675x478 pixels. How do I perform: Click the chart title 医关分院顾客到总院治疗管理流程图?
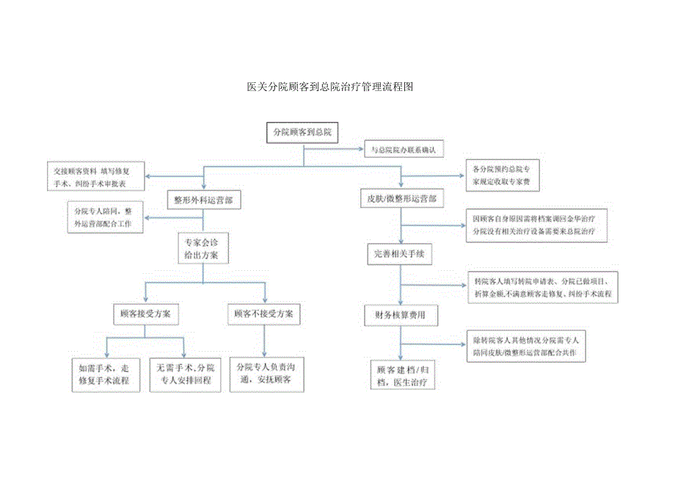tap(331, 87)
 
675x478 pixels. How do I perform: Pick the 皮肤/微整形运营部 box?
tap(401, 199)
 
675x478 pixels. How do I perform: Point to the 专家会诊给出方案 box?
tap(203, 248)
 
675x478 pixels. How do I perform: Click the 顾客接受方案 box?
tap(145, 314)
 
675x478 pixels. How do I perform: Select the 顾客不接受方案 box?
tap(263, 314)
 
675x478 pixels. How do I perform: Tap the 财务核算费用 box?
tap(401, 315)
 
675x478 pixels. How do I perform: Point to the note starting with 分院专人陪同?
tap(103, 217)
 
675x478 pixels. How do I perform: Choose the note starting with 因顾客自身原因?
tap(534, 225)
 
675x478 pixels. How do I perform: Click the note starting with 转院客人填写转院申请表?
tap(544, 287)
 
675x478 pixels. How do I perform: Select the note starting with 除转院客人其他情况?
tap(528, 347)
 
